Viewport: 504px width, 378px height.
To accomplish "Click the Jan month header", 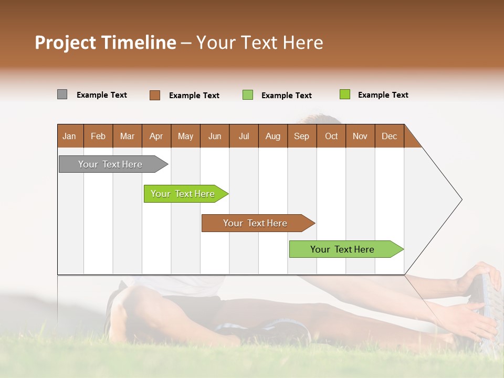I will pos(69,136).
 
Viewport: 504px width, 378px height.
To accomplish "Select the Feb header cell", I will pos(98,136).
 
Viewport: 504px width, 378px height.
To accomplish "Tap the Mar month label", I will pos(127,136).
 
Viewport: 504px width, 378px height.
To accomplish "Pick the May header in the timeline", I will pos(185,136).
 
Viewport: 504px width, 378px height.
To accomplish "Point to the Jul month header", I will pos(244,136).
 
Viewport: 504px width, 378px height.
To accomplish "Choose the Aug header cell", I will pos(272,136).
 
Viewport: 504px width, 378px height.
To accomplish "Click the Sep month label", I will pos(301,136).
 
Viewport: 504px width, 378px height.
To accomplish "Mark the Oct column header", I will pos(331,136).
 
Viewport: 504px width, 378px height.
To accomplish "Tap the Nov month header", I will pos(360,136).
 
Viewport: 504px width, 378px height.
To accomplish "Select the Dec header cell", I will pos(389,136).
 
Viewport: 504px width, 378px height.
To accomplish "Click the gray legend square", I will pos(62,94).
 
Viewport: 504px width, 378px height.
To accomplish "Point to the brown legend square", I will pos(155,95).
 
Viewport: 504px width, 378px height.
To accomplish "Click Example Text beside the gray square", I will pos(102,95).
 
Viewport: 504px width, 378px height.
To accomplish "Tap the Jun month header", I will pos(215,136).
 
